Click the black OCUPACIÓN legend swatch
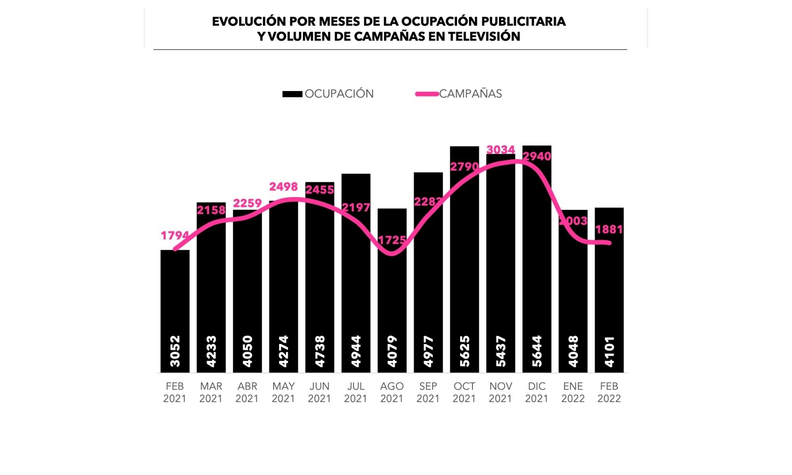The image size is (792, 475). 292,94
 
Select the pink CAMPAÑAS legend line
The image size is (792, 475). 427,94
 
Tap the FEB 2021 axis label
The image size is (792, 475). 175,392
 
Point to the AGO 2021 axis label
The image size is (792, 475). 392,392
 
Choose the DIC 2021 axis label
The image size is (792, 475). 537,392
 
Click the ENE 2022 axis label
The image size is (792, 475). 573,392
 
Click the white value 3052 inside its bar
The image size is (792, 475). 175,351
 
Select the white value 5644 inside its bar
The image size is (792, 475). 537,351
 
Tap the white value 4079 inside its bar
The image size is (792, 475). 392,351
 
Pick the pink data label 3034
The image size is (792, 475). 501,150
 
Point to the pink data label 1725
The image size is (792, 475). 392,240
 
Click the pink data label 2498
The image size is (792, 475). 284,186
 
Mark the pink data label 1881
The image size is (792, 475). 609,229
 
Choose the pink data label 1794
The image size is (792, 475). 175,236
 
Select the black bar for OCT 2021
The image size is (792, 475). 464,269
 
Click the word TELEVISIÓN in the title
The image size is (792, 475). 484,36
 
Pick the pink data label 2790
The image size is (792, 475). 464,167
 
